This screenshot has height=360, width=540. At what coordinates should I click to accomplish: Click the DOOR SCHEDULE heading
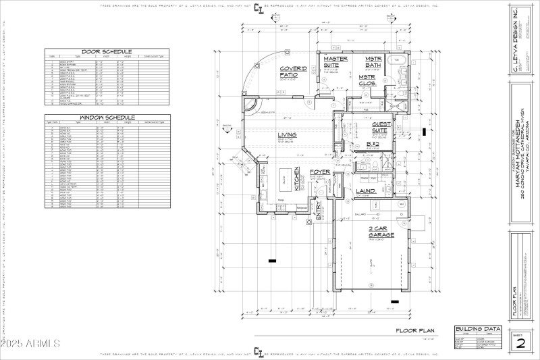[x=107, y=51]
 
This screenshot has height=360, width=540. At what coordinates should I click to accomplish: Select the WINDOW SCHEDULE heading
[x=107, y=117]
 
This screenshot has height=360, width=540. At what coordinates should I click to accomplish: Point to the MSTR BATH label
[x=374, y=62]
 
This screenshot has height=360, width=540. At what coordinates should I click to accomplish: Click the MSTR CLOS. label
[x=367, y=80]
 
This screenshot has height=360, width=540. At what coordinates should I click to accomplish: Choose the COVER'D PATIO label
[x=293, y=72]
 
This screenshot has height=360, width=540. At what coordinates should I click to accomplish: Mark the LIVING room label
[x=287, y=135]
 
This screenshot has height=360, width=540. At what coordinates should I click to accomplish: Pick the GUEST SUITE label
[x=383, y=127]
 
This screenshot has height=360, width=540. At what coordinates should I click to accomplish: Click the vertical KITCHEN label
[x=296, y=178]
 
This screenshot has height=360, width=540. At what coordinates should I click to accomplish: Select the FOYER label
[x=320, y=172]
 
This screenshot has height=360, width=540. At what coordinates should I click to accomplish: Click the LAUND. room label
[x=366, y=192]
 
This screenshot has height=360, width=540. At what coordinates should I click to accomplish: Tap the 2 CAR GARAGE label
[x=377, y=231]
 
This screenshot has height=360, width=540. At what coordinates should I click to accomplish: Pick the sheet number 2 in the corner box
[x=520, y=342]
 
